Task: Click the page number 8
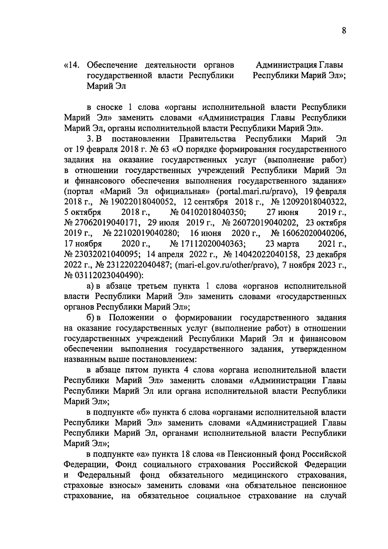(x=344, y=31)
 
